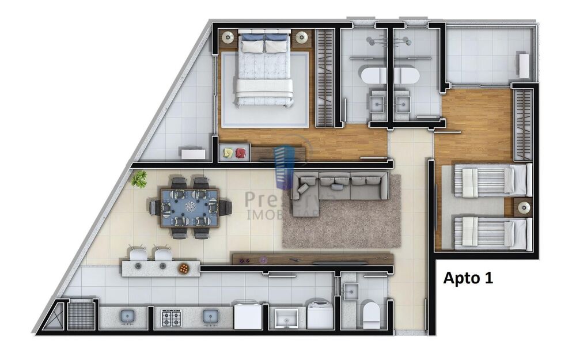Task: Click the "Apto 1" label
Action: point(468,278)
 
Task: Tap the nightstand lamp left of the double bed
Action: point(228,37)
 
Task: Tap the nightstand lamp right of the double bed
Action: point(302,38)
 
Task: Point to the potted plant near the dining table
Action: point(138,179)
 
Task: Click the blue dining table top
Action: point(190,206)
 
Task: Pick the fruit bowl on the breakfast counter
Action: point(183,267)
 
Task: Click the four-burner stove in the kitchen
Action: point(171,317)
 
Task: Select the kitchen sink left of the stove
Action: point(127,316)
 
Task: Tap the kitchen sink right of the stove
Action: point(210,316)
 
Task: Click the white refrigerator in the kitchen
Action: point(248,315)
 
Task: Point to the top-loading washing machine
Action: point(320,314)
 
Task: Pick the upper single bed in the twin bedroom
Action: point(491,180)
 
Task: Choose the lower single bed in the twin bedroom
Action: point(491,233)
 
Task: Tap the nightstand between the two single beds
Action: point(523,207)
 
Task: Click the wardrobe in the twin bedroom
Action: point(522,124)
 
